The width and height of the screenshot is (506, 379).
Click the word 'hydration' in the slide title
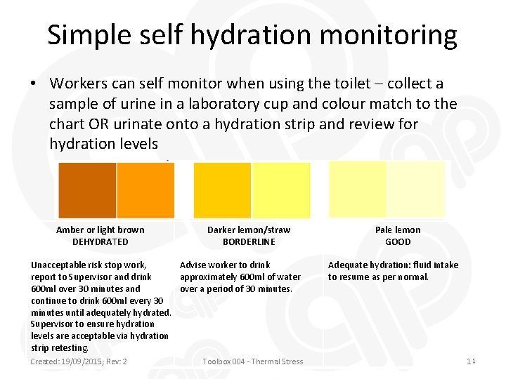click(x=258, y=35)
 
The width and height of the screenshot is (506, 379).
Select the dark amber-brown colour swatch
click(x=87, y=189)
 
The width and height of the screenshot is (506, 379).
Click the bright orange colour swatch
click(x=145, y=189)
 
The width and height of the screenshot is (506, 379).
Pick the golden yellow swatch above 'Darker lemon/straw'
click(x=222, y=189)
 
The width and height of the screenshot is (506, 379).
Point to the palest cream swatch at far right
click(x=416, y=189)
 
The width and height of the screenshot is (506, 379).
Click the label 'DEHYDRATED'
click(x=100, y=241)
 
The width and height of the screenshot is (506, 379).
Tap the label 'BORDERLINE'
click(x=249, y=241)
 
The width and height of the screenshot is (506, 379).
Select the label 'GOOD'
click(x=398, y=241)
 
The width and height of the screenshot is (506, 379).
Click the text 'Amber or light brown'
click(x=100, y=230)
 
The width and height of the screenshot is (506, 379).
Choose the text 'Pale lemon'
click(x=398, y=230)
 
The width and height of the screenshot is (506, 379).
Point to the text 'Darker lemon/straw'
click(x=249, y=230)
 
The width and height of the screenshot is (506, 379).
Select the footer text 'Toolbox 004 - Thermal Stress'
click(x=252, y=361)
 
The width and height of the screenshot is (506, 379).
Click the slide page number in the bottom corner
click(x=472, y=361)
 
